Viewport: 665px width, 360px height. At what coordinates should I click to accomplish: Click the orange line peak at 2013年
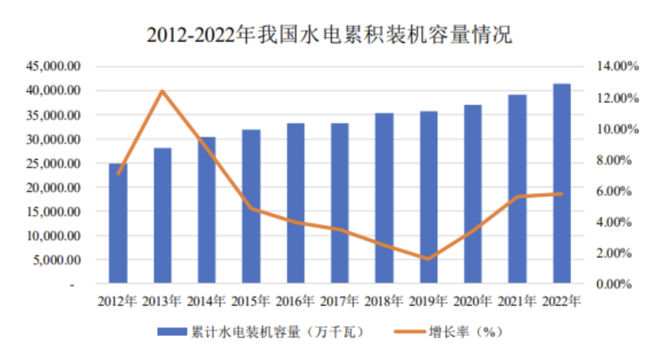pyautogui.click(x=163, y=91)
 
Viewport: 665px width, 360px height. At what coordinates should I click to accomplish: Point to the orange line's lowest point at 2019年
pyautogui.click(x=429, y=259)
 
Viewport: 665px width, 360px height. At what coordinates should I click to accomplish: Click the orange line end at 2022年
pyautogui.click(x=561, y=194)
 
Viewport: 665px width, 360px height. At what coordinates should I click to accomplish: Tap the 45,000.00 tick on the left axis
pyautogui.click(x=52, y=66)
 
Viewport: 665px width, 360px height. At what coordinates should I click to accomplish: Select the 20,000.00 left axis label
pyautogui.click(x=52, y=188)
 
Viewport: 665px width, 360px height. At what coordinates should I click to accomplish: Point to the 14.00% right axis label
pyautogui.click(x=611, y=66)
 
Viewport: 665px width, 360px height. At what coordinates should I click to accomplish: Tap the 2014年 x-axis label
pyautogui.click(x=206, y=302)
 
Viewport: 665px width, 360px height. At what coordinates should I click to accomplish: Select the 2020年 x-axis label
pyautogui.click(x=473, y=302)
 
